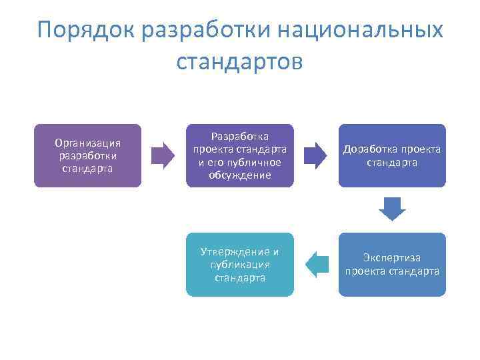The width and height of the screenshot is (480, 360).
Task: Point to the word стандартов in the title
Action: pos(240,61)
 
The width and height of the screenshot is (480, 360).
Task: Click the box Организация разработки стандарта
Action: pos(87,155)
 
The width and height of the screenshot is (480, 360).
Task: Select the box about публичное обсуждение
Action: pos(239,155)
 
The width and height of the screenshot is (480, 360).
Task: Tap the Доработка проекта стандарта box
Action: pos(391,155)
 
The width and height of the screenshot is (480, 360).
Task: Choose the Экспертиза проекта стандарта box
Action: pos(391,264)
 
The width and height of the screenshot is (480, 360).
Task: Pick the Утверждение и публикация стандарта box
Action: pos(239,264)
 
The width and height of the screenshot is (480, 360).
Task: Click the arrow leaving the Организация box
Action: pos(163,155)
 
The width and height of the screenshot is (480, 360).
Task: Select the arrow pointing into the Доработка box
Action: pos(315,155)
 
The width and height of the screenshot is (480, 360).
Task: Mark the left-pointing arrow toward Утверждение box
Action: pos(317,264)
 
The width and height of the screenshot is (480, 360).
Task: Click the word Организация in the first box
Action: pos(87,142)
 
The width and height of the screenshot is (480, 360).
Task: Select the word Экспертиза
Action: pos(392,257)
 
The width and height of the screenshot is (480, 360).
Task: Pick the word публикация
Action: pos(239,264)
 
